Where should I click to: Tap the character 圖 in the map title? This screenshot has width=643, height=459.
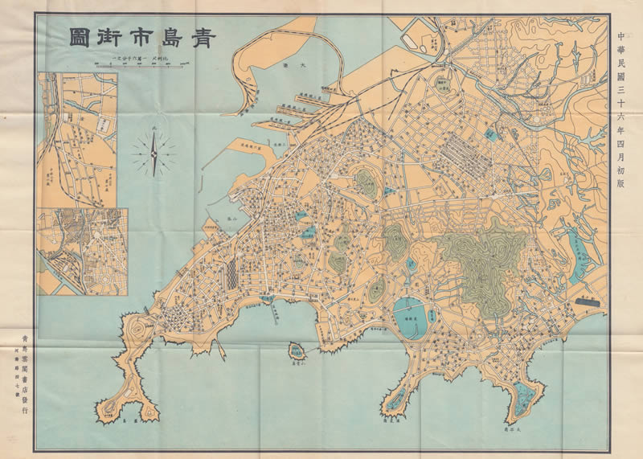click(x=80, y=39)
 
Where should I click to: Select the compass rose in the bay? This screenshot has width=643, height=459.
click(x=153, y=153)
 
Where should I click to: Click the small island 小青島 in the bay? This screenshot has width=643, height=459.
click(x=295, y=350)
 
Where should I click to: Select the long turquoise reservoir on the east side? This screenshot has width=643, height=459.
click(x=580, y=253)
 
